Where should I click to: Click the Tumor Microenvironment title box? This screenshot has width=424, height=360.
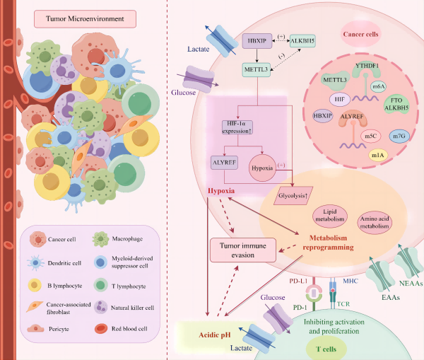coord(82,17)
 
